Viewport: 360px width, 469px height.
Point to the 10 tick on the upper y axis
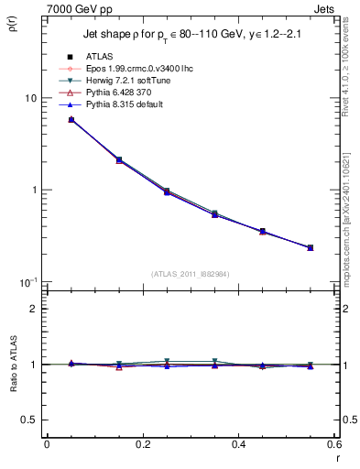(x=30, y=98)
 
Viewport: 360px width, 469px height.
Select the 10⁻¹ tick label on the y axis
(x=28, y=281)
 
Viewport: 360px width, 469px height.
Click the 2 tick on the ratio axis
(x=32, y=309)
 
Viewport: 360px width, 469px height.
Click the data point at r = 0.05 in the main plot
(x=71, y=120)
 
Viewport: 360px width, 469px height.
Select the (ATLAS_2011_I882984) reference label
(x=190, y=274)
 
